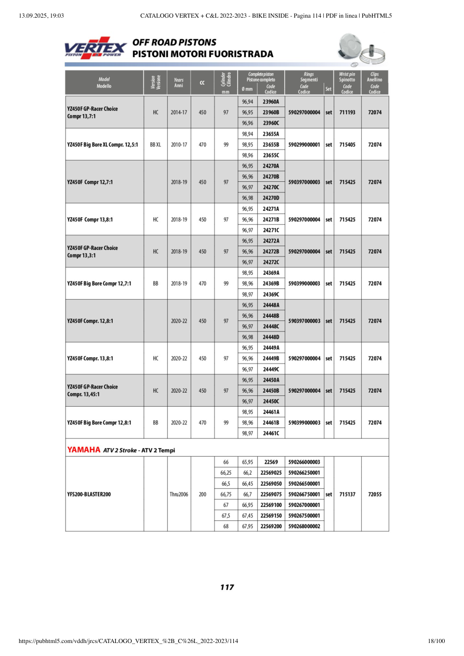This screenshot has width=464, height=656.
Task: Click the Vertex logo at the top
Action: tap(95, 48)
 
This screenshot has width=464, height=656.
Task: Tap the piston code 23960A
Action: tap(271, 102)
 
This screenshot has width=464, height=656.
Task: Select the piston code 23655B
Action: tap(271, 144)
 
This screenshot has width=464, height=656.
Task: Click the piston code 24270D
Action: tap(271, 198)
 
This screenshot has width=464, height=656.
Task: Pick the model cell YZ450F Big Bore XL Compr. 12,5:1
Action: tap(102, 144)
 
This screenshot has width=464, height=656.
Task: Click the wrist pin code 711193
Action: tap(347, 112)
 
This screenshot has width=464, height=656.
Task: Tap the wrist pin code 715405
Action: tap(347, 144)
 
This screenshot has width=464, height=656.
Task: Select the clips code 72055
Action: tap(375, 494)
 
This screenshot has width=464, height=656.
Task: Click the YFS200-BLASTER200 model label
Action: tap(89, 494)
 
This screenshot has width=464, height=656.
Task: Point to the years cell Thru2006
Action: tap(179, 494)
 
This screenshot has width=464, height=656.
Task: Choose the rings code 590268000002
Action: tap(304, 526)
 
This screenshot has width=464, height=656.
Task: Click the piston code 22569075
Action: tap(271, 494)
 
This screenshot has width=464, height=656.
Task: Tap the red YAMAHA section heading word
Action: tap(83, 450)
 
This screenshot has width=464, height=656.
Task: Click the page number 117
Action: tap(227, 587)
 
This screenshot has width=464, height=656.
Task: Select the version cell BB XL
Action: tap(155, 144)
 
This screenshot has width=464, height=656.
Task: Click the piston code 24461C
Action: tap(271, 433)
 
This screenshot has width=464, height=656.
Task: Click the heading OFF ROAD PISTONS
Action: tap(174, 42)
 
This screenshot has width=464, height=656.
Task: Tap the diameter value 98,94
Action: tap(247, 134)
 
